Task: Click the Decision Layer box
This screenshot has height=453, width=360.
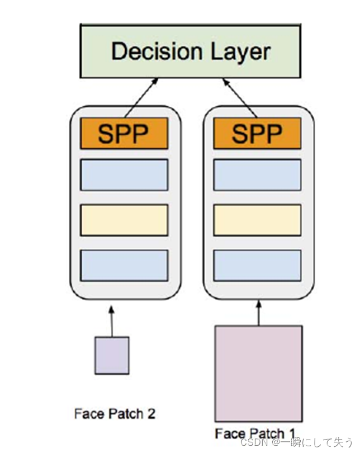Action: pyautogui.click(x=190, y=51)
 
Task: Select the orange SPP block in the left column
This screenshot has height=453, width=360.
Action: pyautogui.click(x=124, y=133)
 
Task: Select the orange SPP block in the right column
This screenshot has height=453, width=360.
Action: pyautogui.click(x=257, y=133)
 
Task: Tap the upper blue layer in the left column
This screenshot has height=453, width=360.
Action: pyautogui.click(x=124, y=174)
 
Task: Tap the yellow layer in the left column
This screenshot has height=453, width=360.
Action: pyautogui.click(x=124, y=220)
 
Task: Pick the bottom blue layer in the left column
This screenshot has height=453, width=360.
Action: pyautogui.click(x=124, y=265)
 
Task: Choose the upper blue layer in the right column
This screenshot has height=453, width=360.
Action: pyautogui.click(x=257, y=174)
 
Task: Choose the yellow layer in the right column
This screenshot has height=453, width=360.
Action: pyautogui.click(x=257, y=220)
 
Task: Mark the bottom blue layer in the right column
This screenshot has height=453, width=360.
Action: pyautogui.click(x=257, y=265)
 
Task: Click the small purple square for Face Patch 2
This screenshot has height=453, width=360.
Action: pyautogui.click(x=112, y=355)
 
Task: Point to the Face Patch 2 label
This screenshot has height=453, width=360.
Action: pyautogui.click(x=114, y=414)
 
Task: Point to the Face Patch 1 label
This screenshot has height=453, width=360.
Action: pyautogui.click(x=255, y=433)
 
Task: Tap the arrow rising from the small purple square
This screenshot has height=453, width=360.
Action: pyautogui.click(x=112, y=320)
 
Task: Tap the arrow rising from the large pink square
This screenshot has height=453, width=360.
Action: pyautogui.click(x=258, y=313)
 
